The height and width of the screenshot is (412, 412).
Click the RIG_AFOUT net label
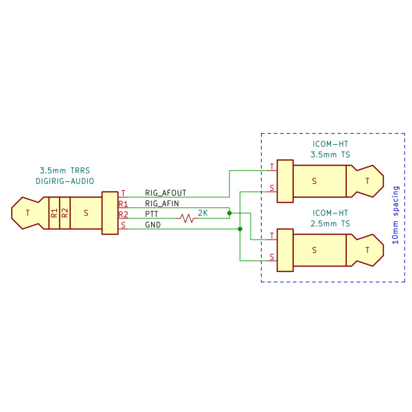click(x=165, y=193)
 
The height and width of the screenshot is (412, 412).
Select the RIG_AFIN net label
click(x=162, y=203)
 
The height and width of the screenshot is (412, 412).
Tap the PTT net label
click(x=152, y=214)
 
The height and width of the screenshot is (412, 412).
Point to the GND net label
click(x=153, y=225)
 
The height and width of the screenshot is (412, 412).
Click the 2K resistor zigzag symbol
click(x=187, y=218)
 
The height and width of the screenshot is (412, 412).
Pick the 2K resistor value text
click(x=203, y=213)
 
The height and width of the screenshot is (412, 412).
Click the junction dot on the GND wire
click(x=240, y=229)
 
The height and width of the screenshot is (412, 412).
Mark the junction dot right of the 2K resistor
click(x=229, y=213)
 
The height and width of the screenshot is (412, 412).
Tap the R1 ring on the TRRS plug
click(x=54, y=213)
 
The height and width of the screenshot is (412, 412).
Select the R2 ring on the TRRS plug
click(x=65, y=213)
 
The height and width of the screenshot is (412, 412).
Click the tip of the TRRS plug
click(x=27, y=213)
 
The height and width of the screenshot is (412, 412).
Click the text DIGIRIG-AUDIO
click(x=65, y=181)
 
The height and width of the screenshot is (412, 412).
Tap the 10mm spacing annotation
click(x=396, y=215)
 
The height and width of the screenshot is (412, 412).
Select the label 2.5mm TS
click(x=330, y=224)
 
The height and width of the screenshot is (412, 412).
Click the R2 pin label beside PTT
click(x=123, y=215)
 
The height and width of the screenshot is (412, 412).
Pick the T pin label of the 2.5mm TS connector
click(x=272, y=236)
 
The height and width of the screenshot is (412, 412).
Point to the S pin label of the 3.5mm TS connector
click(x=272, y=188)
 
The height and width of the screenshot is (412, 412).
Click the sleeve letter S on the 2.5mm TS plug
click(x=314, y=250)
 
